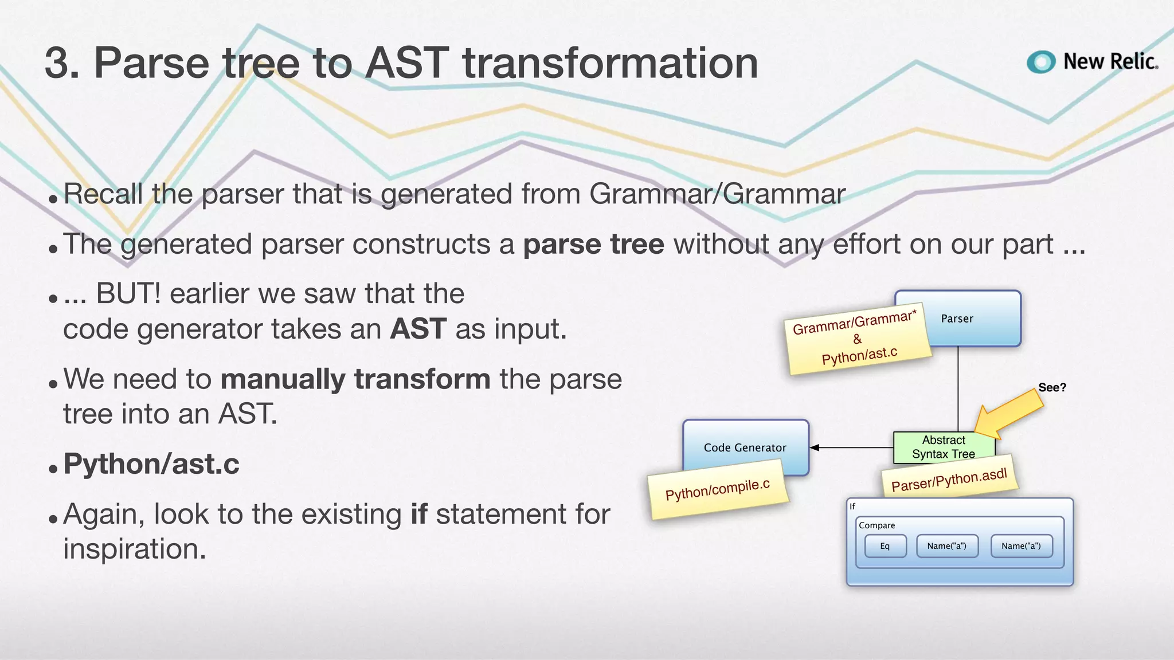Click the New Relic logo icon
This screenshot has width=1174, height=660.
[1041, 62]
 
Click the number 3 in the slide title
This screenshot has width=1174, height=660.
[62, 63]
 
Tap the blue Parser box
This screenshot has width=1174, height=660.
[975, 319]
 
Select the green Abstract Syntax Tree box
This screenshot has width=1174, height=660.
[944, 447]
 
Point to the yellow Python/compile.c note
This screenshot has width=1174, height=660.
[718, 490]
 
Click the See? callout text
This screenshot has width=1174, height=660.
[1052, 387]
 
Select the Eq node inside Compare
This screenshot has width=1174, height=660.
[885, 546]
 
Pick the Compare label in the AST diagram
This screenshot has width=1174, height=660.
[876, 525]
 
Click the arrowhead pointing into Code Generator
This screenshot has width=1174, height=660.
[815, 447]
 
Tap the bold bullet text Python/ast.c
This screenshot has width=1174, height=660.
[151, 464]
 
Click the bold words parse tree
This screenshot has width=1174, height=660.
[593, 245]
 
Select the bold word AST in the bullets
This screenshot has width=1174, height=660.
[418, 329]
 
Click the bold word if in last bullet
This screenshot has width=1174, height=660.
[418, 514]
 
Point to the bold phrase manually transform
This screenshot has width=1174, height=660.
[355, 379]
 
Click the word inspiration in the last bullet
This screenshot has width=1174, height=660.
[134, 549]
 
